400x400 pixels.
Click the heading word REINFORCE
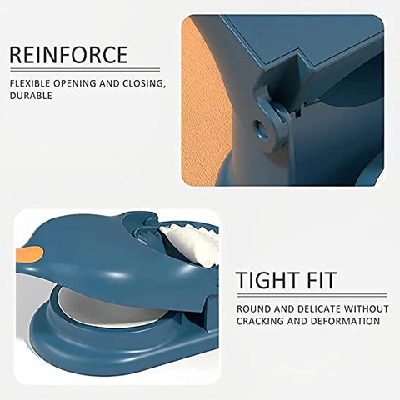(x=69, y=55)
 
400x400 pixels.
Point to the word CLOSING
(x=142, y=83)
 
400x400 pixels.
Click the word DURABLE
(x=31, y=96)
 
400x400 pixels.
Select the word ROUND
(x=253, y=309)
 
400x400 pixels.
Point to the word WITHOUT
(x=367, y=309)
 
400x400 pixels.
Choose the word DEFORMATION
(x=345, y=321)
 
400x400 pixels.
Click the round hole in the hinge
(x=262, y=128)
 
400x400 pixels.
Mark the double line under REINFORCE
(x=85, y=69)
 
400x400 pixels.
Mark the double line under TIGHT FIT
(x=312, y=295)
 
